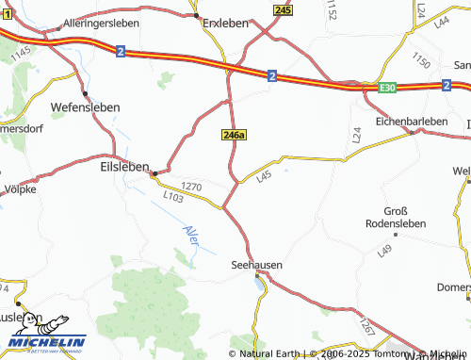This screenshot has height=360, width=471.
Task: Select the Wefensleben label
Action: pyautogui.click(x=85, y=107)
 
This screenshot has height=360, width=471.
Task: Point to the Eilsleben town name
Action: pyautogui.click(x=124, y=166)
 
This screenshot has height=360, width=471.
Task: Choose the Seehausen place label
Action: pyautogui.click(x=257, y=266)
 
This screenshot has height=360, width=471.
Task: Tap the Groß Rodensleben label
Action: pyautogui.click(x=396, y=216)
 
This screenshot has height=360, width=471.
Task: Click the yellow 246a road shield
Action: pyautogui.click(x=235, y=135)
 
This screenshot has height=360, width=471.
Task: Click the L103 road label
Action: pyautogui.click(x=172, y=198)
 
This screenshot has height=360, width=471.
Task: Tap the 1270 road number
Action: pyautogui.click(x=192, y=187)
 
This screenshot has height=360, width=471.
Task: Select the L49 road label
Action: pyautogui.click(x=384, y=252)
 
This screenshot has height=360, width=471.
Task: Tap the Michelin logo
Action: pyautogui.click(x=46, y=335)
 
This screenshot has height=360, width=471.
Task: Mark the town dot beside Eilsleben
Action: pyautogui.click(x=154, y=172)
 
